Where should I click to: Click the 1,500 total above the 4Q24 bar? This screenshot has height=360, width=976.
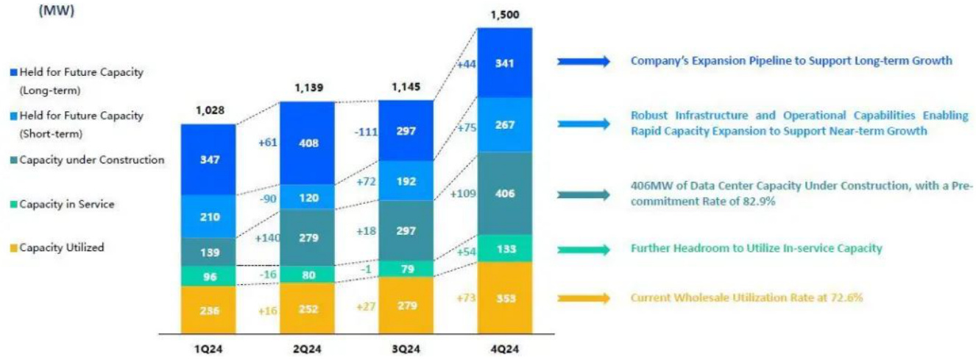click(x=504, y=16)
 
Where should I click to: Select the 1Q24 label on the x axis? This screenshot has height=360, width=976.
click(x=208, y=345)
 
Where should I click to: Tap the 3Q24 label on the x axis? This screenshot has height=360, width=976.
click(x=406, y=345)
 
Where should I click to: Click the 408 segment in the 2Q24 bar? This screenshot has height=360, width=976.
click(x=308, y=143)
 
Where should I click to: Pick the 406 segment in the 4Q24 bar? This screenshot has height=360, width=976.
click(x=505, y=194)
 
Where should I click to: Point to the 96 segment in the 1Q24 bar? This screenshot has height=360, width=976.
click(x=208, y=276)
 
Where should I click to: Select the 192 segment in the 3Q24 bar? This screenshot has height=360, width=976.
click(x=406, y=181)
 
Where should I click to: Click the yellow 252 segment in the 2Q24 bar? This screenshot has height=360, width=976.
click(x=308, y=309)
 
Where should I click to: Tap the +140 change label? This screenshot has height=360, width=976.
click(x=268, y=238)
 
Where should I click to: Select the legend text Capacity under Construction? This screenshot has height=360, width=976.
click(x=91, y=160)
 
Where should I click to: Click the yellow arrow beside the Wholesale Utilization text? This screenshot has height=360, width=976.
click(x=584, y=298)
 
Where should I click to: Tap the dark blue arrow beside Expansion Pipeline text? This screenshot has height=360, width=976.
click(x=584, y=61)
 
